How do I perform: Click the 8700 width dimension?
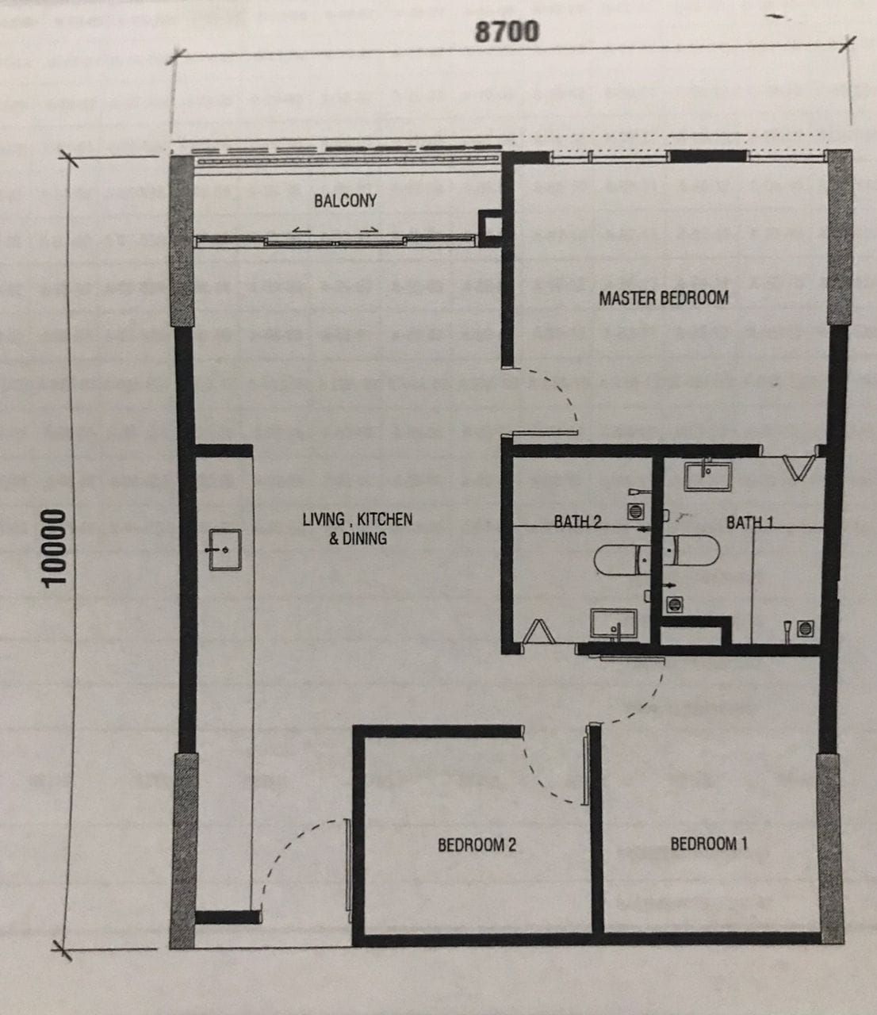click(507, 32)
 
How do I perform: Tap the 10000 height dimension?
click(53, 548)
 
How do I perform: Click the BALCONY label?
click(346, 201)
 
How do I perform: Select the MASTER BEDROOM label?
click(664, 298)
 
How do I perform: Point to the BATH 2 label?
click(577, 521)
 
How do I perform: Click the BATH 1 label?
click(750, 523)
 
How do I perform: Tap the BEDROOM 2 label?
click(477, 845)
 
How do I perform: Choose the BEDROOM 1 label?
click(709, 844)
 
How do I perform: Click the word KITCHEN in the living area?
click(385, 519)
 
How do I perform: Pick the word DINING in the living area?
click(364, 538)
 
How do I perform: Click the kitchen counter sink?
click(225, 550)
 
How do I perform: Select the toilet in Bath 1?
click(691, 550)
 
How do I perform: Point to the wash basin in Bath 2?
click(614, 625)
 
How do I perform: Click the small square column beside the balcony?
click(491, 228)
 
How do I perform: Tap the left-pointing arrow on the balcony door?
click(301, 230)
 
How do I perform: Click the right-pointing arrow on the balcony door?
click(370, 229)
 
